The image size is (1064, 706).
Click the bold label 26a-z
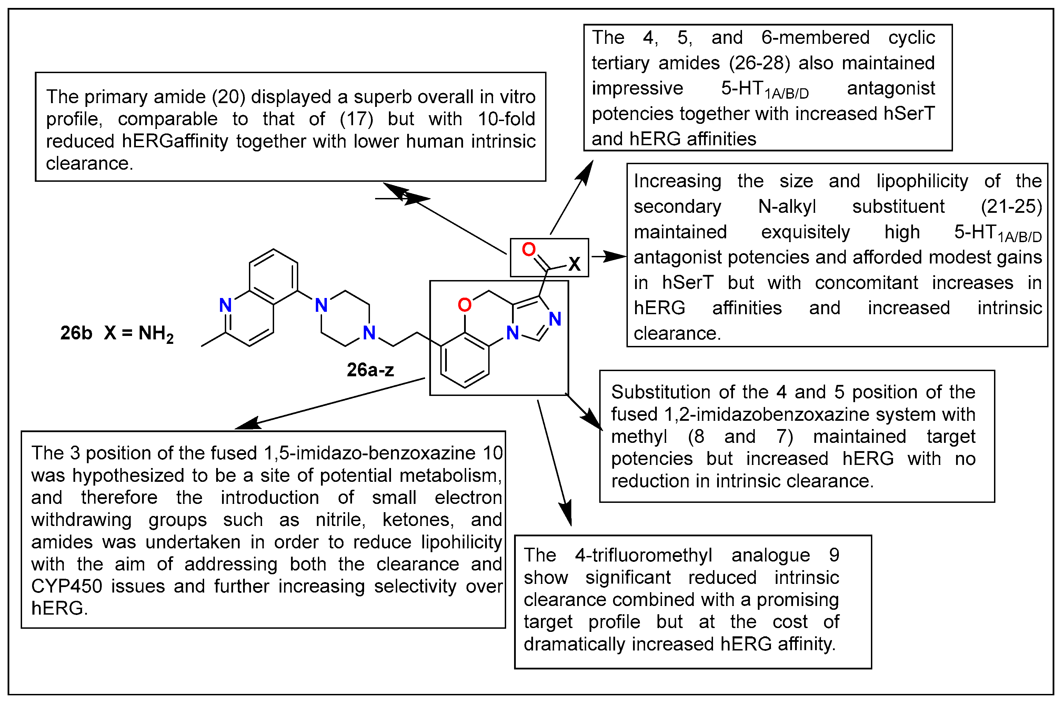370,370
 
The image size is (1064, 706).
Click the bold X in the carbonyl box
574,264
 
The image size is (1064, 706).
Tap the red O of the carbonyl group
529,249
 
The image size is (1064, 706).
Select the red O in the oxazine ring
464,305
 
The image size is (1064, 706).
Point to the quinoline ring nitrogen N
225,305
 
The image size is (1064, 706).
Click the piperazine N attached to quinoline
321,305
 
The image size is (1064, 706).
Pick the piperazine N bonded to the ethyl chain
369,333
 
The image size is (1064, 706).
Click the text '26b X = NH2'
117,334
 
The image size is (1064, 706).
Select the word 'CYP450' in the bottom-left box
67,586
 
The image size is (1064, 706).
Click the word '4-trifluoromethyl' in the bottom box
644,555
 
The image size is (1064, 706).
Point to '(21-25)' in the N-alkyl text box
1011,207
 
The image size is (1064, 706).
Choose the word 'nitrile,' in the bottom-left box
341,520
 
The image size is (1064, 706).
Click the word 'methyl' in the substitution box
639,437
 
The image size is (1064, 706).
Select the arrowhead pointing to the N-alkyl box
616,257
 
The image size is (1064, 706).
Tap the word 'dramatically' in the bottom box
574,644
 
